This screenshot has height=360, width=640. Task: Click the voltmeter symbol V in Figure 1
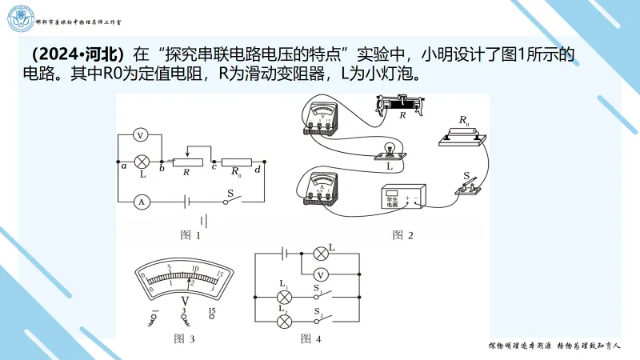tap(139, 135)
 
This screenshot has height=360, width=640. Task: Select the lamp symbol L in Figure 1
tap(142, 161)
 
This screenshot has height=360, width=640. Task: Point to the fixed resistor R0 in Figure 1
tap(236, 161)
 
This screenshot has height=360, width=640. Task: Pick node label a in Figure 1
tap(123, 166)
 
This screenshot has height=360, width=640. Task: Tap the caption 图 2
tap(402, 235)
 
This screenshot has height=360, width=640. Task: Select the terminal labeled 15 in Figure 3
tap(212, 311)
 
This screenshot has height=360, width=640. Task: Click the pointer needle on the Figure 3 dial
tap(190, 278)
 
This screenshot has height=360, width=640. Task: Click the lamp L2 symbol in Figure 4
tap(283, 321)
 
